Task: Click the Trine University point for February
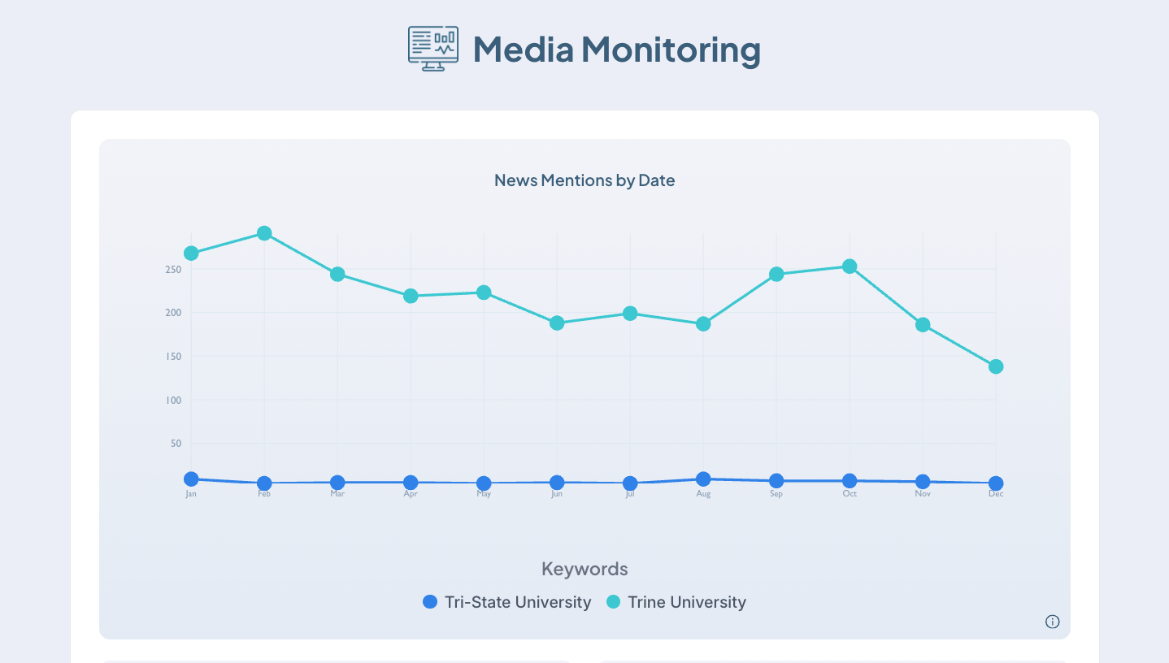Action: tap(264, 233)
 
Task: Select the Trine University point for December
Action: tap(996, 366)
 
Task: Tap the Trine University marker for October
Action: tap(850, 266)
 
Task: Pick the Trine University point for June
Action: tap(557, 323)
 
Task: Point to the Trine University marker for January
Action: tap(191, 253)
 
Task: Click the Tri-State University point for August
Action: tap(703, 479)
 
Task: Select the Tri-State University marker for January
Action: tap(191, 479)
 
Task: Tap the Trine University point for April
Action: tap(411, 296)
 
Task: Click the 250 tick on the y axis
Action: tap(172, 269)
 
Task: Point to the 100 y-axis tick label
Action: tap(172, 401)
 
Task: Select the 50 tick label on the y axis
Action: tap(175, 444)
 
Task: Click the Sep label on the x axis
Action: tap(776, 494)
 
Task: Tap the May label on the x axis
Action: tap(484, 494)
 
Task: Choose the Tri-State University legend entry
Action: tap(507, 602)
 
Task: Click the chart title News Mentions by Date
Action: tap(584, 180)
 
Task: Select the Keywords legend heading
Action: tap(584, 569)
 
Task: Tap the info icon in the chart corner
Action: tap(1052, 622)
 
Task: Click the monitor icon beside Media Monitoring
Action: tap(432, 48)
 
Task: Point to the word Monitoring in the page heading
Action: tap(671, 50)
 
